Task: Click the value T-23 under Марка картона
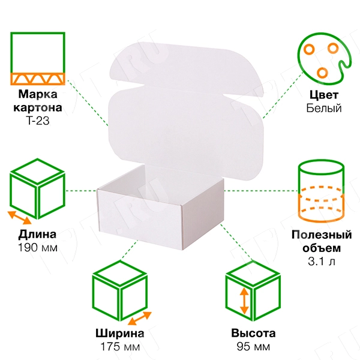pyautogui.click(x=38, y=121)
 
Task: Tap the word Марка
pyautogui.click(x=38, y=94)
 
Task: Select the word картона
pyautogui.click(x=38, y=107)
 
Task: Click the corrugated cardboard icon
pyautogui.click(x=38, y=59)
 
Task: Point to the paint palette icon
pyautogui.click(x=324, y=59)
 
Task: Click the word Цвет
pyautogui.click(x=324, y=95)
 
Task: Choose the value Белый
pyautogui.click(x=324, y=108)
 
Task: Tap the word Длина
pyautogui.click(x=37, y=235)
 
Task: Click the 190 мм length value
pyautogui.click(x=38, y=248)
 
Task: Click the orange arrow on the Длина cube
pyautogui.click(x=20, y=218)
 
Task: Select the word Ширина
pyautogui.click(x=120, y=334)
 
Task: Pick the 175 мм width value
pyautogui.click(x=120, y=347)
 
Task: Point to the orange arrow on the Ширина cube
pyautogui.click(x=140, y=319)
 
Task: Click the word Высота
pyautogui.click(x=253, y=334)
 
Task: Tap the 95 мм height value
pyautogui.click(x=253, y=347)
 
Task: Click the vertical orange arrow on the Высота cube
pyautogui.click(x=244, y=301)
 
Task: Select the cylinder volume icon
pyautogui.click(x=321, y=191)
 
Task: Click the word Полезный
pyautogui.click(x=322, y=235)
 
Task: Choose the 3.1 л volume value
pyautogui.click(x=322, y=261)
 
